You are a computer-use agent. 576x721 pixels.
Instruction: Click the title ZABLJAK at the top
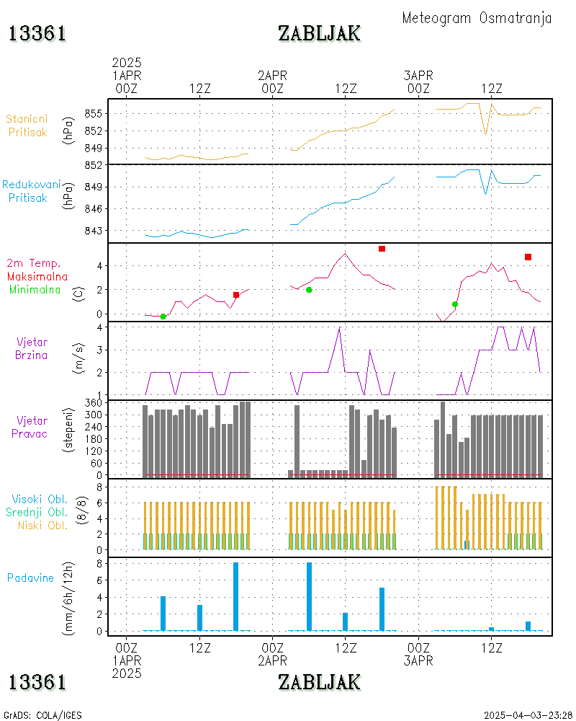(319, 33)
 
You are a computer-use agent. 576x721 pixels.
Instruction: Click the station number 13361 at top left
(37, 33)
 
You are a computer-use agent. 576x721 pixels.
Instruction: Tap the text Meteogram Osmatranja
(477, 18)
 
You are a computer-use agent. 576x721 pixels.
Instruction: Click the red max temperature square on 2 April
(382, 249)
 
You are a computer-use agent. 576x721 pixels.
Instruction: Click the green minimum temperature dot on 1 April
(163, 317)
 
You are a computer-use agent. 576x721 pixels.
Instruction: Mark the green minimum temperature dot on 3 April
(455, 304)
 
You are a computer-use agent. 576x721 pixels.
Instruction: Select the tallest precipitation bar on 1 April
(235, 596)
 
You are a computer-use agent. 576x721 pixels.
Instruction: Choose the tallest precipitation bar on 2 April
(309, 596)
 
